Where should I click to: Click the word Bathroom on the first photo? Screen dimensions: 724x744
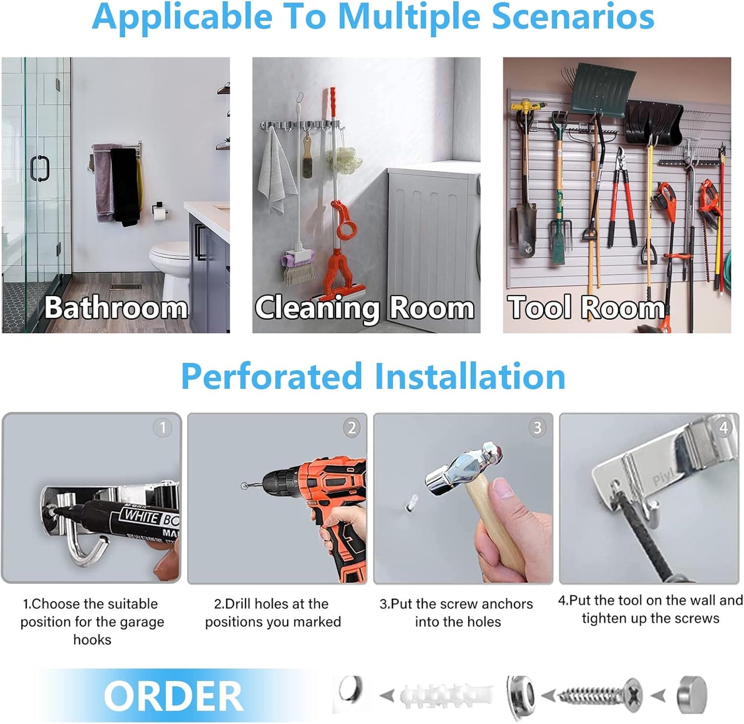(x=116, y=307)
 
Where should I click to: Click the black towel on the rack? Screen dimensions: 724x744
(x=125, y=185)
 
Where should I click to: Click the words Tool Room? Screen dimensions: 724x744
(x=586, y=307)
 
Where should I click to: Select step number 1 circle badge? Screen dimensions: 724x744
(x=163, y=427)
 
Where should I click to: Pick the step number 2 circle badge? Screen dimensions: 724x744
(x=352, y=427)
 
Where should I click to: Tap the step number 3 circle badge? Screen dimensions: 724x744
(x=538, y=427)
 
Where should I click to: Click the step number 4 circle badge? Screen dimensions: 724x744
(x=724, y=427)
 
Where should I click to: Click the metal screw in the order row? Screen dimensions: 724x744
(x=600, y=695)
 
